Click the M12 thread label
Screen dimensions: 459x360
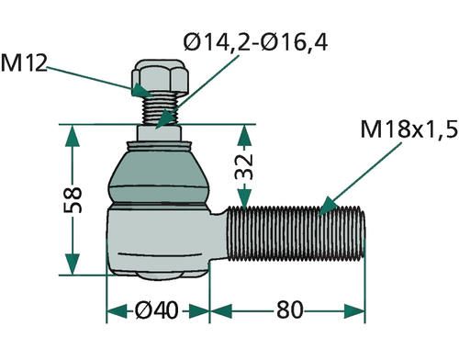tap(24, 62)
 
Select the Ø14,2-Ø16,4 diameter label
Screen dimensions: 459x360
tap(255, 42)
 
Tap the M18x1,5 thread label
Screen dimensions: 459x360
tap(409, 129)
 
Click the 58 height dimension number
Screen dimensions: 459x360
tap(73, 200)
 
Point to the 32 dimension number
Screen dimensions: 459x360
tap(244, 167)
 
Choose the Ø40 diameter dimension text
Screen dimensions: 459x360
tap(156, 310)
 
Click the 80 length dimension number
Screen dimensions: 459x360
tap(289, 310)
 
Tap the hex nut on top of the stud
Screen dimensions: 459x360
tap(160, 77)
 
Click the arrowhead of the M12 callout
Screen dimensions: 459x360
tap(141, 90)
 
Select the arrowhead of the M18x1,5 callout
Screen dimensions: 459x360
tap(326, 207)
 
